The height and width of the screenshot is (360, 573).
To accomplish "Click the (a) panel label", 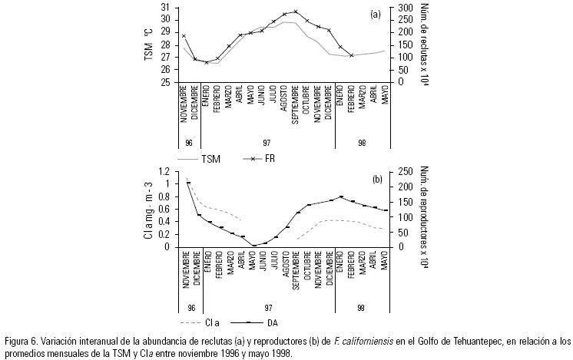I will [x=375, y=14].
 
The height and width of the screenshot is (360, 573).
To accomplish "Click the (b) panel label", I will [x=377, y=179].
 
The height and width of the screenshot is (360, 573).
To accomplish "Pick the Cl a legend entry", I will [x=212, y=324].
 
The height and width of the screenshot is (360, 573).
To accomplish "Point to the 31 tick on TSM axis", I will [x=167, y=8].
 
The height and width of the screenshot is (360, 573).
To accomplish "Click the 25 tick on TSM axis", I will [x=167, y=82].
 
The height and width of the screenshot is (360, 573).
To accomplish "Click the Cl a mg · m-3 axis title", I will [x=147, y=210].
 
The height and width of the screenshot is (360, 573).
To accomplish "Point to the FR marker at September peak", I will [x=296, y=12].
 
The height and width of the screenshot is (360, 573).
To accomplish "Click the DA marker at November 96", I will [x=188, y=183].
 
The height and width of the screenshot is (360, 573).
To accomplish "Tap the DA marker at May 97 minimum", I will [x=254, y=246].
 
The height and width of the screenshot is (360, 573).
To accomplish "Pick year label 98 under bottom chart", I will [x=362, y=309].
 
